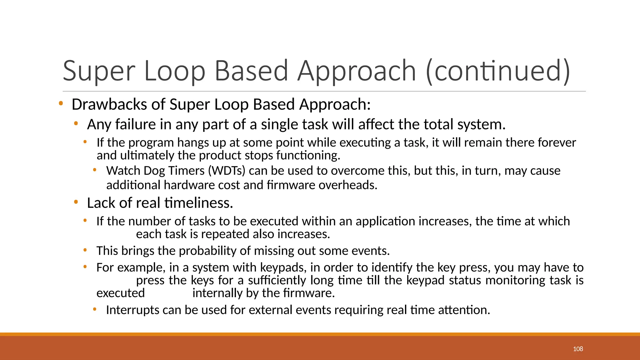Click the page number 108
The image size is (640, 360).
[x=578, y=349]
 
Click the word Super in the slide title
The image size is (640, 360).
[x=99, y=71]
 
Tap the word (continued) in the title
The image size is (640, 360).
[x=498, y=71]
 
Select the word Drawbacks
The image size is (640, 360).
[x=109, y=104]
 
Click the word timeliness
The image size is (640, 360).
[x=199, y=203]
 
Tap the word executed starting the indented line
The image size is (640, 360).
[x=121, y=293]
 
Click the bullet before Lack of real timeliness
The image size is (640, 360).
[x=76, y=202]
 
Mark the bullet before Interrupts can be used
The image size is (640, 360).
[x=95, y=310]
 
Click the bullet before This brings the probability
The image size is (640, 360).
[x=85, y=250]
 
